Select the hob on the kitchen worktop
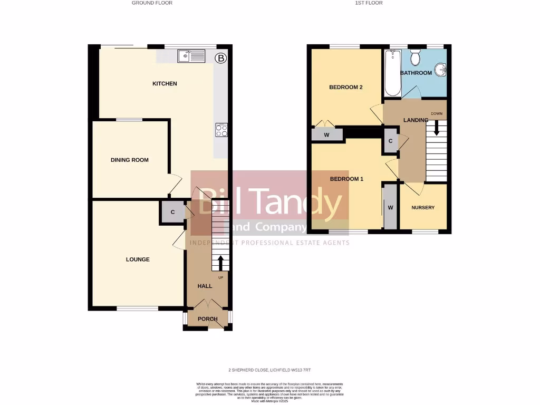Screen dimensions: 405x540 pos(221,130)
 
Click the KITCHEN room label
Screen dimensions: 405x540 pos(165,83)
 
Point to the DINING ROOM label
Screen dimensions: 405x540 pos(129,160)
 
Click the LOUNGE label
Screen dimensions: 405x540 pos(138,259)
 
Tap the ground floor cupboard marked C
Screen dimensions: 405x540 pos(172,213)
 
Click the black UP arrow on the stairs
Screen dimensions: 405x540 pos(220,263)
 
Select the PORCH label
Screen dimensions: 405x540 pos(208,319)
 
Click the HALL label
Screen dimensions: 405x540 pos(205,286)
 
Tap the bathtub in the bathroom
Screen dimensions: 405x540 pos(392,73)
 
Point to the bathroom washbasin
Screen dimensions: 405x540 pos(441,70)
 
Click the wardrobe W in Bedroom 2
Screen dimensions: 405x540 pos(327,134)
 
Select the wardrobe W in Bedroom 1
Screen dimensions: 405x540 pos(391,207)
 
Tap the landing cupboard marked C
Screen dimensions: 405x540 pos(390,141)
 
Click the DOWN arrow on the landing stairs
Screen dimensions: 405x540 pos(436,127)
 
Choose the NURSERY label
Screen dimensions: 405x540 pos(423,207)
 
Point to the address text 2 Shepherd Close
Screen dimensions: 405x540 pos(269,370)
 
